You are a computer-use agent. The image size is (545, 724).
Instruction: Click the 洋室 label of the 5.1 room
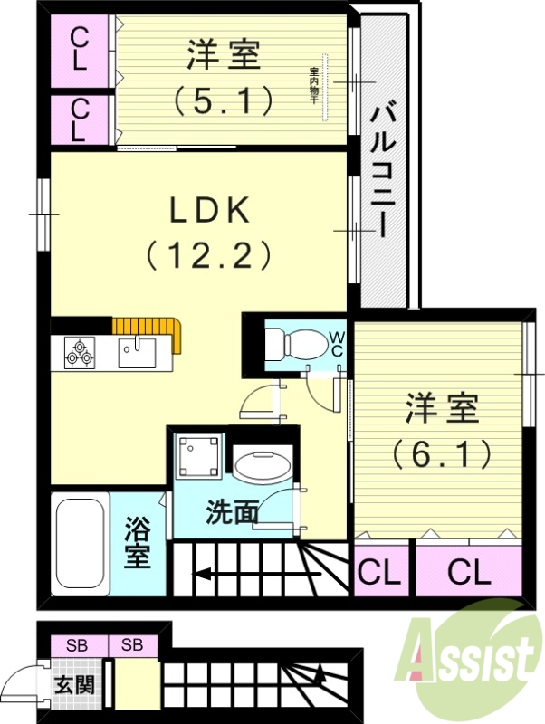224,55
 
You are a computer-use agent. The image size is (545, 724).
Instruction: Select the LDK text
210,211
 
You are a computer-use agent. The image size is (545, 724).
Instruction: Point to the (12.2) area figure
209,257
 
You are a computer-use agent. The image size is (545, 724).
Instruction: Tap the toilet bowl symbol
291,344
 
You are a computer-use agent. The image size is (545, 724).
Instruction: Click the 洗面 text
232,513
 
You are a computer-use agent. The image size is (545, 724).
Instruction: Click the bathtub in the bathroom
81,543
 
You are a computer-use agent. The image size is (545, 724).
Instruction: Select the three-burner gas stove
80,352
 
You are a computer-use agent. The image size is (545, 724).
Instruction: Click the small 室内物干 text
314,83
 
